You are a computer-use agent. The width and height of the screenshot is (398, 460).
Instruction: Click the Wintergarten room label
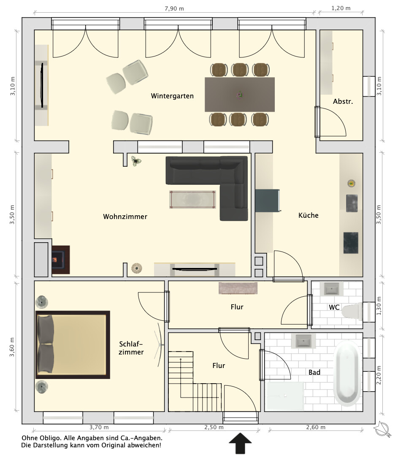[172, 96]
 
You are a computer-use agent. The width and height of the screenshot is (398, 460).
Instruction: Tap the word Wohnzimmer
[125, 216]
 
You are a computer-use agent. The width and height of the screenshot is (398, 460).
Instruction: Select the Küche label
[308, 215]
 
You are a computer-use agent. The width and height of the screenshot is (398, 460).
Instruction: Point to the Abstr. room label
[343, 102]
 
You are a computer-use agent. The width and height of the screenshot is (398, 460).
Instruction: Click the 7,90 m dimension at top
[174, 8]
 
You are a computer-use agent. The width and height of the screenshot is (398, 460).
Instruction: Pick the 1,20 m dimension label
[341, 8]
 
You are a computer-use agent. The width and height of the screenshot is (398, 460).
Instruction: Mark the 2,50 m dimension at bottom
[214, 427]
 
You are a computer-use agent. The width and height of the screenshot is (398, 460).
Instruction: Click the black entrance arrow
[240, 443]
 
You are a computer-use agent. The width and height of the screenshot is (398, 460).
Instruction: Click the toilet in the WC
[352, 311]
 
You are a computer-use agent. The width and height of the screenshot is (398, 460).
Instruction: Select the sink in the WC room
[331, 289]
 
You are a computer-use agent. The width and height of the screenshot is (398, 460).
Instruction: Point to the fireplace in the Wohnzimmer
[60, 260]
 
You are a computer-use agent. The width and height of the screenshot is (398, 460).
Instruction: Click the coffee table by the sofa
[193, 200]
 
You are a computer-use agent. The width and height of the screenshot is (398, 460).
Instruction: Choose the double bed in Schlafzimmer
[73, 345]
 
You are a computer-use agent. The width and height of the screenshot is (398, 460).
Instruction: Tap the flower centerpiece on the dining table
[240, 95]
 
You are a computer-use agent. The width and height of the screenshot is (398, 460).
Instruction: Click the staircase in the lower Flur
[194, 382]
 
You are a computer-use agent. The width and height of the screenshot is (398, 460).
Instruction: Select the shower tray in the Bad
[284, 396]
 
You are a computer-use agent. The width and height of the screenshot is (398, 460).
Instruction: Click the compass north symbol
[383, 429]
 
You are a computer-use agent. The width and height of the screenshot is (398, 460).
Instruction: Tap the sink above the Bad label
[303, 341]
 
